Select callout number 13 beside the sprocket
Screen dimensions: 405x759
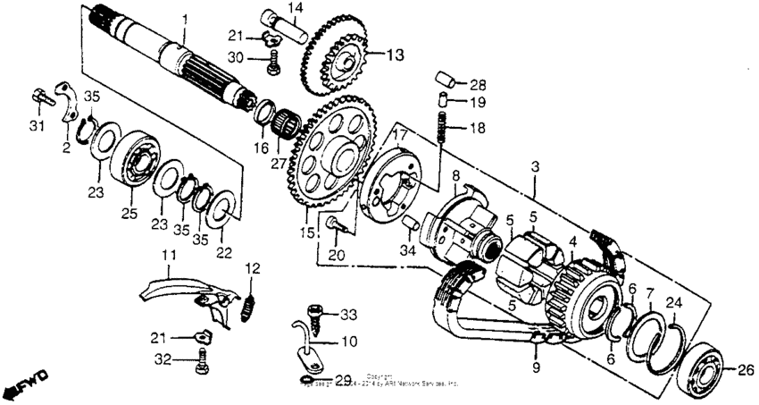(x=395, y=55)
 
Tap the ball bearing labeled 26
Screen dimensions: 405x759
(x=707, y=367)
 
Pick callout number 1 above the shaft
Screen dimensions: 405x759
(x=185, y=19)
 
